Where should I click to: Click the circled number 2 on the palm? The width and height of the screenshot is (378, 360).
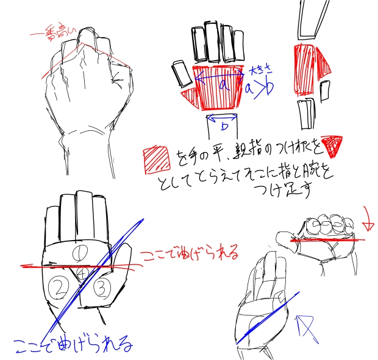coord(59,284)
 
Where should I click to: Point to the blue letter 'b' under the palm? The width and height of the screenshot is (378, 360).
coord(224,126)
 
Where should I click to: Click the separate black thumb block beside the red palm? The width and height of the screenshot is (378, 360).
coord(182,74)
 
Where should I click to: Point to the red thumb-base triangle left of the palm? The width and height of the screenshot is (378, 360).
coord(190,97)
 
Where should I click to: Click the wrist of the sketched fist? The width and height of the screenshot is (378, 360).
coord(86,146)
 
